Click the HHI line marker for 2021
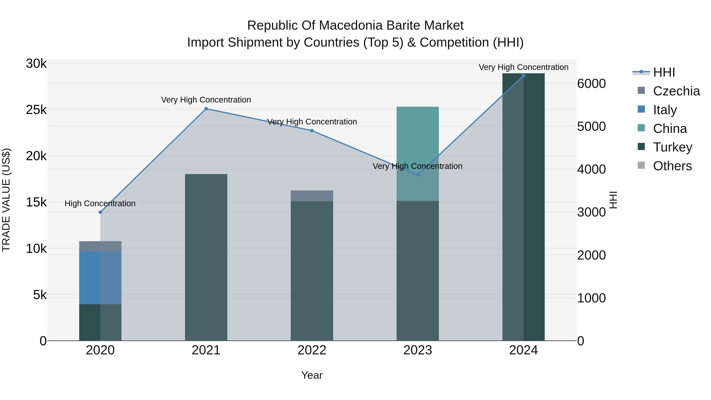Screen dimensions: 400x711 tap(206, 109)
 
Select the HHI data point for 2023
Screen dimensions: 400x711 tap(418, 175)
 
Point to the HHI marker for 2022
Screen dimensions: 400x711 tap(312, 131)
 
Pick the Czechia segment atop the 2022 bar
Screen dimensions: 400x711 tap(312, 196)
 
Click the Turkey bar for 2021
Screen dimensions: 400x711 tap(206, 257)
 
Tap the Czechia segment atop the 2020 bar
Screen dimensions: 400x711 tap(100, 246)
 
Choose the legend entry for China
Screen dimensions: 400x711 tap(670, 129)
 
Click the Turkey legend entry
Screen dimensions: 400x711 tap(672, 147)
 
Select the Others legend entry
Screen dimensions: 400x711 tap(672, 166)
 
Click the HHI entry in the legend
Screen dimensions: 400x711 tap(664, 72)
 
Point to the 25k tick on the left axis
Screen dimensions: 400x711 tap(36, 110)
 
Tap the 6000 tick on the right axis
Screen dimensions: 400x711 tap(592, 84)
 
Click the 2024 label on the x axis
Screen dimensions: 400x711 tap(523, 350)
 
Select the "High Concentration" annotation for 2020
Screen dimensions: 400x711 tap(100, 203)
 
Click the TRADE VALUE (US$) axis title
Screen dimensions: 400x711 tap(6, 200)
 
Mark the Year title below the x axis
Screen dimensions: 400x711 tap(312, 375)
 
